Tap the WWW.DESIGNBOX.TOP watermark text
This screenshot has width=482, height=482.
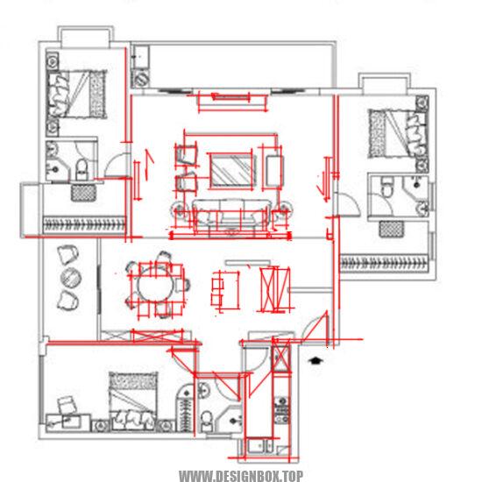click(x=241, y=476)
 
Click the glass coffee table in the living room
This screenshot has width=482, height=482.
click(x=233, y=171)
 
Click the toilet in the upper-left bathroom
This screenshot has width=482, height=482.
click(x=82, y=170)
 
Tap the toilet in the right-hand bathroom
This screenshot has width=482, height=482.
click(x=386, y=187)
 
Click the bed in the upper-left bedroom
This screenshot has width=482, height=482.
click(x=76, y=94)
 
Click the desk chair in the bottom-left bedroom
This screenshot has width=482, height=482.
click(x=67, y=405)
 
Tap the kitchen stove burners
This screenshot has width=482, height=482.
click(x=282, y=410)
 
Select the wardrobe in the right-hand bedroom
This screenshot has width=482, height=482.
click(x=384, y=264)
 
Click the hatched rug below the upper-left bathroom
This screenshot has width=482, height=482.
click(x=83, y=193)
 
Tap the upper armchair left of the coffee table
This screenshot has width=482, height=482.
click(x=187, y=154)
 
